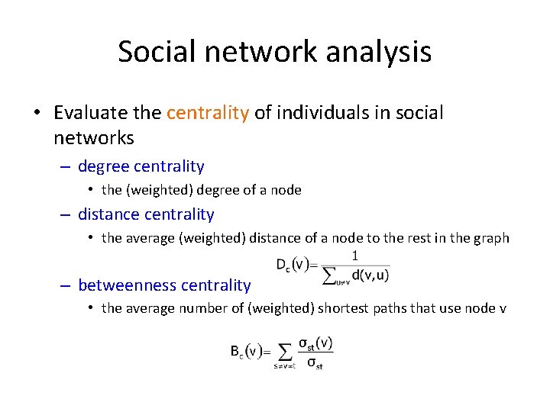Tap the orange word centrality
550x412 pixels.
click(208, 113)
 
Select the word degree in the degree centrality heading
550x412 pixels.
click(103, 166)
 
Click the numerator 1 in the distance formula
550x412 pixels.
click(354, 256)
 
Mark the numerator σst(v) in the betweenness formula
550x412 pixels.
click(315, 343)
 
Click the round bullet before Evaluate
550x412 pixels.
click(37, 114)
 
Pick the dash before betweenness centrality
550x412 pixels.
click(66, 285)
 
